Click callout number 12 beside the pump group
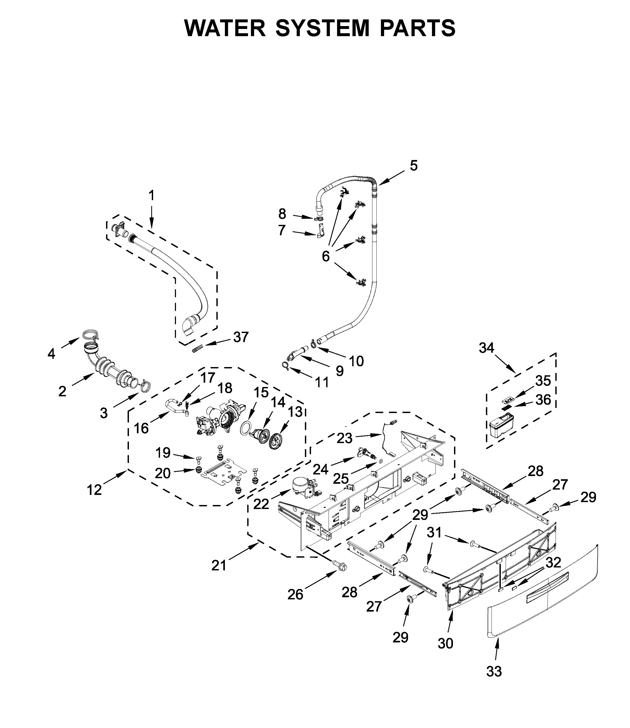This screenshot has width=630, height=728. [94, 490]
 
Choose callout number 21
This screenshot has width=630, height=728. [219, 565]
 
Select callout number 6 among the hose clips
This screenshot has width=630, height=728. [326, 256]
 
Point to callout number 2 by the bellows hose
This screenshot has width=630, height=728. [62, 391]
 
